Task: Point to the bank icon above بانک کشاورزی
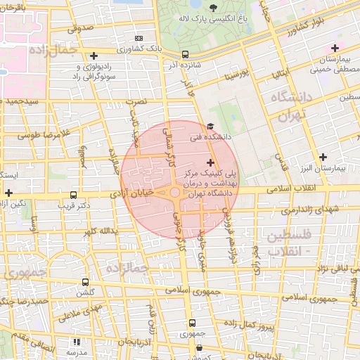click(x=139, y=38)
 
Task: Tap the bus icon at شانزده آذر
click(x=185, y=53)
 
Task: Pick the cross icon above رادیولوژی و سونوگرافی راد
click(x=94, y=55)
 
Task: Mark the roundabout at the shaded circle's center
click(x=174, y=192)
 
